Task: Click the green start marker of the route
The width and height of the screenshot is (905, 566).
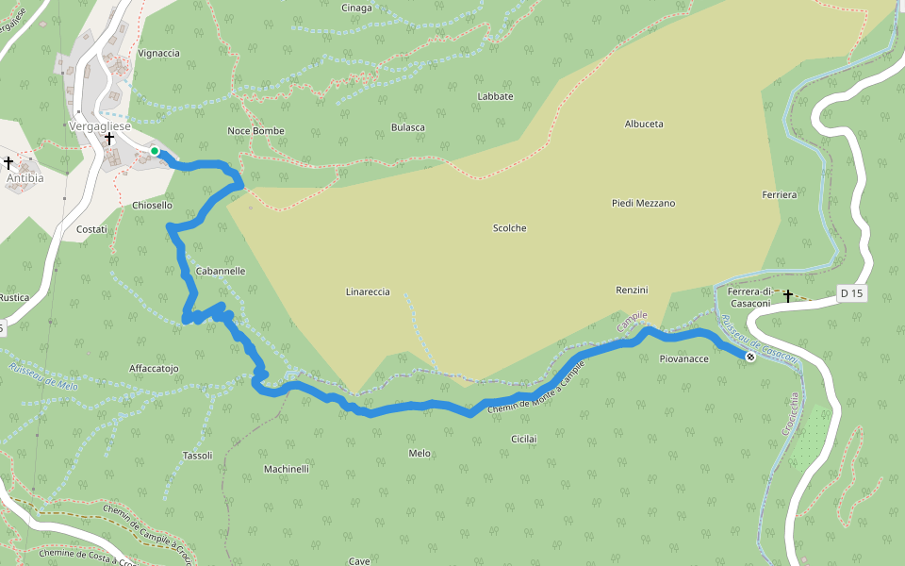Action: (155, 150)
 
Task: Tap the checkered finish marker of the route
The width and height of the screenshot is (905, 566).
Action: (749, 357)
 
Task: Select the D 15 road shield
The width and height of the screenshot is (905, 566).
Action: (850, 293)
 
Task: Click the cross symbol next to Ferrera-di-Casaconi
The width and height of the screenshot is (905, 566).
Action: (787, 295)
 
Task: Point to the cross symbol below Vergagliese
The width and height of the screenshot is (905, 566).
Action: (109, 139)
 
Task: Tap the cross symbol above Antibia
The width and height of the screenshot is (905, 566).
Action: (8, 163)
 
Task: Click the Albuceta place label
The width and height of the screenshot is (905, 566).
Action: (644, 124)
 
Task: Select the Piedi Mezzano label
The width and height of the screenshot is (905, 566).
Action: (643, 203)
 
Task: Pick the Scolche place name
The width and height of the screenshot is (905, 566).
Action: (509, 228)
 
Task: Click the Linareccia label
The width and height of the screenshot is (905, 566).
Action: (368, 292)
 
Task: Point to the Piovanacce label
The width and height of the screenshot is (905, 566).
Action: (683, 359)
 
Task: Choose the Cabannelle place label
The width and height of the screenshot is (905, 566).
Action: (220, 271)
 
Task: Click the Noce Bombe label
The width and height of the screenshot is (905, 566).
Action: (255, 131)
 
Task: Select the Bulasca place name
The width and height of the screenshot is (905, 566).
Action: (407, 127)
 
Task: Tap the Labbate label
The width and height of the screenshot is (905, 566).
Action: (495, 96)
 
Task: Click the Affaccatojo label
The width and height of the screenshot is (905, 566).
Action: (154, 368)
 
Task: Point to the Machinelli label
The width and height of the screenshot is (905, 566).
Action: (287, 469)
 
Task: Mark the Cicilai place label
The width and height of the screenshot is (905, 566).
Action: (523, 439)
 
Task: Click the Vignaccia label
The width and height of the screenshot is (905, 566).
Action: (158, 54)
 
